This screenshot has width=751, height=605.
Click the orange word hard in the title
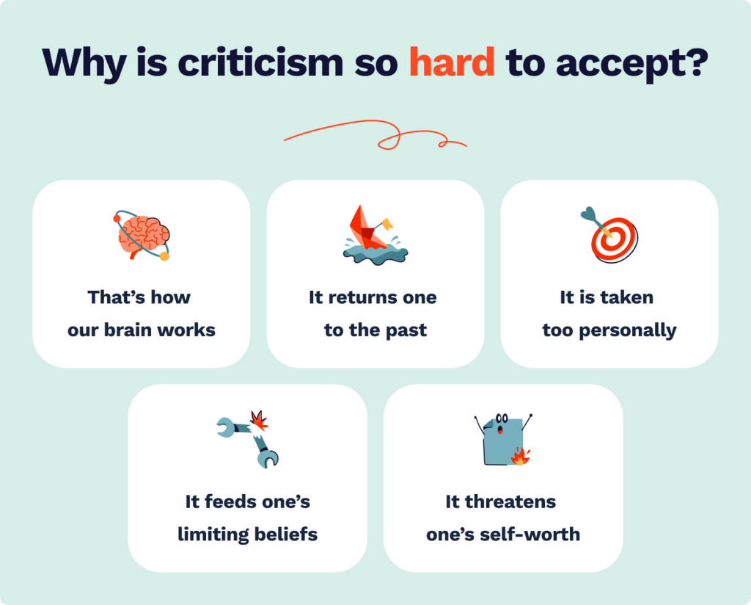click(451, 62)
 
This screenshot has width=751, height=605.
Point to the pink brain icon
click(143, 236)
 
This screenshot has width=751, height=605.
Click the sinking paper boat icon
click(373, 234)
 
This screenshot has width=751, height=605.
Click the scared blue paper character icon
click(502, 440)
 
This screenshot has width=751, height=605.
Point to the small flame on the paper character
click(520, 457)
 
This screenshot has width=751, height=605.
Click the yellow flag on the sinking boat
click(387, 223)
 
